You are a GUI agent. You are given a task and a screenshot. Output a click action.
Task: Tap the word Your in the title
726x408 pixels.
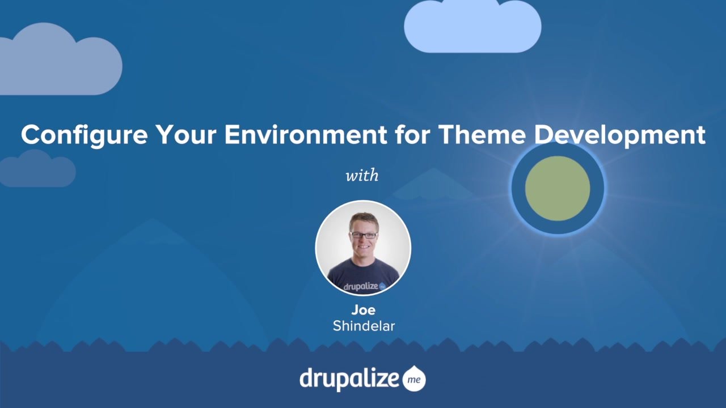(186, 135)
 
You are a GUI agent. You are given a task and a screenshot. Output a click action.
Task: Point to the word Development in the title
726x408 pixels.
(619, 135)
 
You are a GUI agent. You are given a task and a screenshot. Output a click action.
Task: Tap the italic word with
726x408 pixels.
(362, 175)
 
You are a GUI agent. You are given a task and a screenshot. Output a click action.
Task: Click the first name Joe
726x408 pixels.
(363, 310)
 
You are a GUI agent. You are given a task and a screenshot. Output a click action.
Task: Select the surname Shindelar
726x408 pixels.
(363, 326)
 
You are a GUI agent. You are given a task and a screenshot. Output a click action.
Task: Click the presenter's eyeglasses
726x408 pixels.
(364, 235)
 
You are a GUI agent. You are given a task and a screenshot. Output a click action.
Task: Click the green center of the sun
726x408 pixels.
(558, 189)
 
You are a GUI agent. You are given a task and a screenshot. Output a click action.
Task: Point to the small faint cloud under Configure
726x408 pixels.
(37, 169)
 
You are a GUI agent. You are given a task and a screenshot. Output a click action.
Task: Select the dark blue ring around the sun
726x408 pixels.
(518, 189)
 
